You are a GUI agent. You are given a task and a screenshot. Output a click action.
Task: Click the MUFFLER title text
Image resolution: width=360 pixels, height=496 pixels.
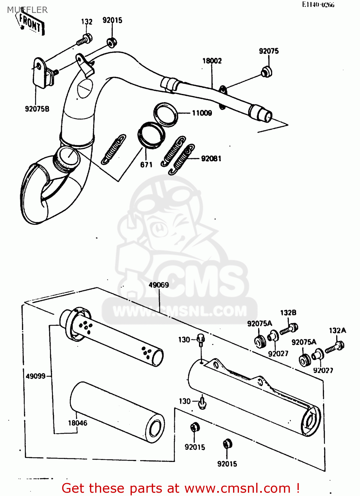point(27,10)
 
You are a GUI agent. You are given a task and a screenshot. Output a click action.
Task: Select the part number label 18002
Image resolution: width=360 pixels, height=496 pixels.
point(212,61)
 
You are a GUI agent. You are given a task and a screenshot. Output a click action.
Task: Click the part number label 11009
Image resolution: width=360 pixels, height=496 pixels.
point(202,113)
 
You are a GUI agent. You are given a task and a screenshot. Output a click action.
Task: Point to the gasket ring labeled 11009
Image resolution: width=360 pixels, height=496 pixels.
point(166,114)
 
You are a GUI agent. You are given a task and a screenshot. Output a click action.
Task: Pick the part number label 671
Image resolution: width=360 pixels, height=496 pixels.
point(146,165)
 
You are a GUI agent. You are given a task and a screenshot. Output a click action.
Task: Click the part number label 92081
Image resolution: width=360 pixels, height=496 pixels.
point(211,159)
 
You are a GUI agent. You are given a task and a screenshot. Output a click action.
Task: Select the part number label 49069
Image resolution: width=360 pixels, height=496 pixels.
point(159,285)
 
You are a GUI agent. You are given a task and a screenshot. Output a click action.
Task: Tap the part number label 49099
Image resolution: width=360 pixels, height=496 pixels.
point(36,376)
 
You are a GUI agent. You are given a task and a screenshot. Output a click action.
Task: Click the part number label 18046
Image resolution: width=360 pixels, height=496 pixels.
point(78,423)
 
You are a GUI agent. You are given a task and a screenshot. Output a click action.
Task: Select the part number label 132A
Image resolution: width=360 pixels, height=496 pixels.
point(338,330)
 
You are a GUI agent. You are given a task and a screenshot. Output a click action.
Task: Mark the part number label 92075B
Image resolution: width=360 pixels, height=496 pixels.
point(37,109)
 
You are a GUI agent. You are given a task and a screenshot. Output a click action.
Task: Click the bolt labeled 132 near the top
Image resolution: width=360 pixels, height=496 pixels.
point(84,40)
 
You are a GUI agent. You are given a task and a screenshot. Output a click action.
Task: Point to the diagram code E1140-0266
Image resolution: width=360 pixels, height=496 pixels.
point(318,5)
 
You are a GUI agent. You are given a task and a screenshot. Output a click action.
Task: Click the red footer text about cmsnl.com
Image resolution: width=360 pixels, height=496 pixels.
point(181,488)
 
